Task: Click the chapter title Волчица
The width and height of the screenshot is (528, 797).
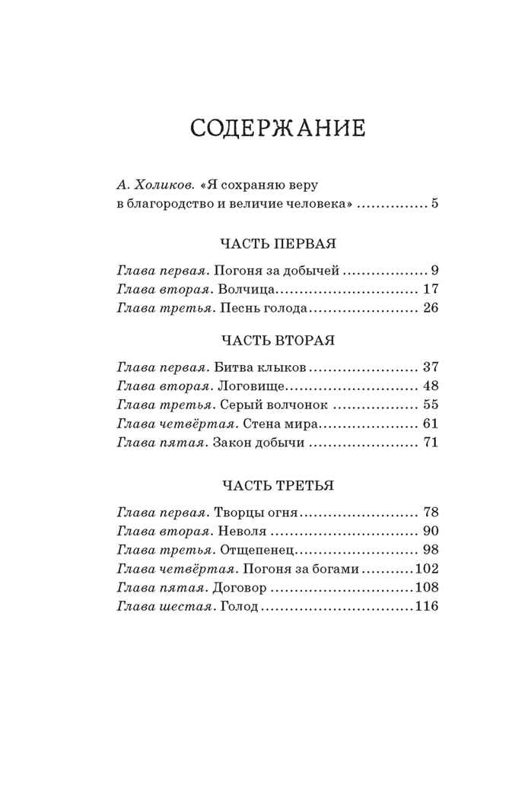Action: coord(244,290)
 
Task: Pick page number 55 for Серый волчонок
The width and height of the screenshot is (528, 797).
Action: coord(431,405)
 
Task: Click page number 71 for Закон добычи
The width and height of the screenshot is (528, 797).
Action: coord(431,443)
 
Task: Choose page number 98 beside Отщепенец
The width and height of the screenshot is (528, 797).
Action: coord(431,550)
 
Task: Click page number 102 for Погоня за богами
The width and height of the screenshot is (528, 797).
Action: coord(428,569)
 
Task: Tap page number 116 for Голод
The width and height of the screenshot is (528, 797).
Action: coord(428,607)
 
